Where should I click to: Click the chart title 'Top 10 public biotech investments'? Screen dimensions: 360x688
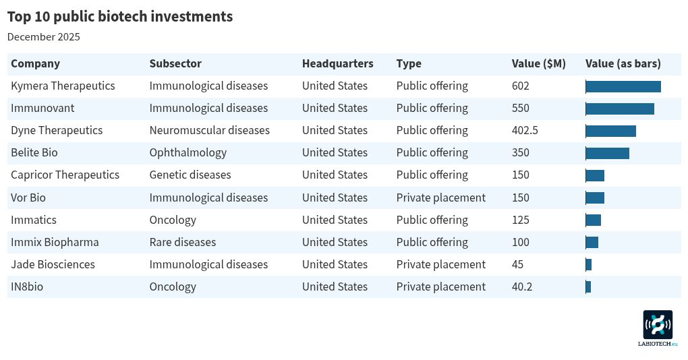[120, 17]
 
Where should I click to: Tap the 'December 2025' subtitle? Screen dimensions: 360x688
[44, 37]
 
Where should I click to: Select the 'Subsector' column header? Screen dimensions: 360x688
[175, 63]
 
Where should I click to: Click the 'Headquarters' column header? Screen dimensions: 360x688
[337, 63]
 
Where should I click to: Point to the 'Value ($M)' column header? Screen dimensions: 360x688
[538, 63]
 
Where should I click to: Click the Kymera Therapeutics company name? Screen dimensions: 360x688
[63, 86]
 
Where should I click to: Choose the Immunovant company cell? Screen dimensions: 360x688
[42, 108]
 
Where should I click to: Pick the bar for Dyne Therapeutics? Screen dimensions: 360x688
[610, 131]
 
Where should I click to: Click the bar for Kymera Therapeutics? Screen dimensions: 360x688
[623, 86]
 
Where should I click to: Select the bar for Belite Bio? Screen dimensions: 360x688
[607, 153]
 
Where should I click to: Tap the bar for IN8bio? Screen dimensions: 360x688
[588, 287]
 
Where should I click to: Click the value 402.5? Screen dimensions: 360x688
[525, 130]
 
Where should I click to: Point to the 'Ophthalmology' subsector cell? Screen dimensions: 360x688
[188, 152]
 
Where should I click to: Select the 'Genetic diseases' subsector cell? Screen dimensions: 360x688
[190, 175]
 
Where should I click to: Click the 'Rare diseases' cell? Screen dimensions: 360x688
[183, 242]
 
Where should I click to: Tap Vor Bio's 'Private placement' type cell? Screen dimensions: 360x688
[440, 198]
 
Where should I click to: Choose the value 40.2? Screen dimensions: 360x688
[522, 287]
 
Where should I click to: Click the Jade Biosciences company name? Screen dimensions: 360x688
[53, 264]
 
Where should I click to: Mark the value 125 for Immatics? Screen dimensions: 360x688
[521, 220]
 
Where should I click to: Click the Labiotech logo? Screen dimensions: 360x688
[658, 326]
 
